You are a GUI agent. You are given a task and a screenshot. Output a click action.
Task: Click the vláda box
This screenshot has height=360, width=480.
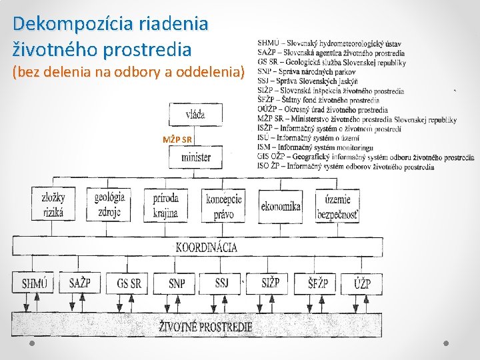[x=195, y=114]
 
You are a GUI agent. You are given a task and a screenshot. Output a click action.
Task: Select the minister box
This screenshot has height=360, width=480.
[x=195, y=157]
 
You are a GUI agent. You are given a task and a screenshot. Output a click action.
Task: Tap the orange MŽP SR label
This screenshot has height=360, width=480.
[x=177, y=139]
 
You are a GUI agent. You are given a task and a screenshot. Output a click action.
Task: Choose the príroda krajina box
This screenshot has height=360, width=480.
[x=165, y=205]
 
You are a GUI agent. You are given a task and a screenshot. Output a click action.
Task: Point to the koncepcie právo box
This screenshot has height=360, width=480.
[x=224, y=206]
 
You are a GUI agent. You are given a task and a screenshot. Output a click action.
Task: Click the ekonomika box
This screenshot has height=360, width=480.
[x=281, y=207]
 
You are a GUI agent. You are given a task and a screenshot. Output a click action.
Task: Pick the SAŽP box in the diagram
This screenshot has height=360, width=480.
[x=80, y=283]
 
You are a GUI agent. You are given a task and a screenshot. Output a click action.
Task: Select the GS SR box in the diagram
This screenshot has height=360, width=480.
[x=128, y=283]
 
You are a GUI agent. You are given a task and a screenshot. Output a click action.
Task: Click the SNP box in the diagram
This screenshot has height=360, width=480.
[x=177, y=283]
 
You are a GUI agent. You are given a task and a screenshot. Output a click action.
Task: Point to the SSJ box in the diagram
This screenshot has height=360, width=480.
[x=222, y=283]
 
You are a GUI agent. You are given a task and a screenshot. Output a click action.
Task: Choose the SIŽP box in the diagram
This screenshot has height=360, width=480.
[x=270, y=283]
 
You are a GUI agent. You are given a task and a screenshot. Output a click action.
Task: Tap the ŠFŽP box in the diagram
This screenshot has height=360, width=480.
[x=317, y=283]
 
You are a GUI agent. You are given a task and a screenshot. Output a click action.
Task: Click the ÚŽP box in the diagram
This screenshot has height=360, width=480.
[x=363, y=283]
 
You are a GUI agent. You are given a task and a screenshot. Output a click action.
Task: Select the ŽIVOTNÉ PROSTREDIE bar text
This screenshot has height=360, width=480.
[x=206, y=326]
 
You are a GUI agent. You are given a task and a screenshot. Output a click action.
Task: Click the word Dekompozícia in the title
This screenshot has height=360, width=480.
[x=73, y=24]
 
